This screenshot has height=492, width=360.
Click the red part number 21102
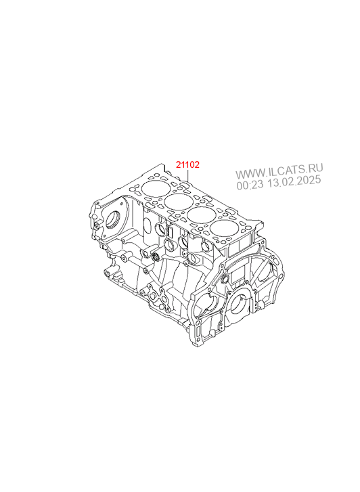click(187, 164)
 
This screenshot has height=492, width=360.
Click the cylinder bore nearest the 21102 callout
click(156, 188)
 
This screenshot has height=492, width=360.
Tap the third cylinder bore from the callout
click(202, 216)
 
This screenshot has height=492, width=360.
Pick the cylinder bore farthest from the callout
click(225, 230)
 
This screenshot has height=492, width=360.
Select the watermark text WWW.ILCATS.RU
click(279, 171)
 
